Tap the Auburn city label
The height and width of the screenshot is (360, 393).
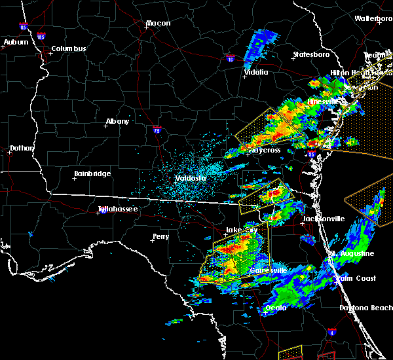click(16, 43)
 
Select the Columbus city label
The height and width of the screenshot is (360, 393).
click(69, 49)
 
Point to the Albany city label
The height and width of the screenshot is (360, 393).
click(117, 121)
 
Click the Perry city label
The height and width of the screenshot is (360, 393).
click(160, 236)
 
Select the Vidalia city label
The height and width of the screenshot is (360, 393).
click(255, 73)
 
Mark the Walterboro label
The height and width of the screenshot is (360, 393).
click(373, 18)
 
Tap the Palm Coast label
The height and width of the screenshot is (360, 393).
click(357, 279)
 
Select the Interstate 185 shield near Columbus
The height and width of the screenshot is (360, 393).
click(41, 37)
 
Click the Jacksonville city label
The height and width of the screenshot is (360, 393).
click(324, 219)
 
